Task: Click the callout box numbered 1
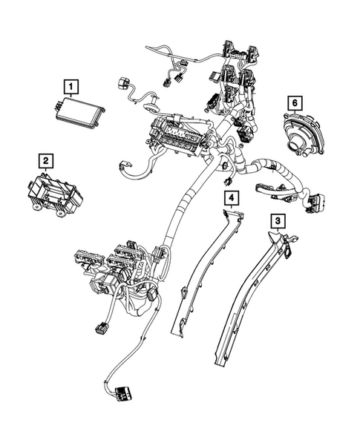70,88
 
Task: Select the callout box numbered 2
46,160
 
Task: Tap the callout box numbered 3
277,220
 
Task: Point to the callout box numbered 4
232,197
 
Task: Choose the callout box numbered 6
295,102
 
